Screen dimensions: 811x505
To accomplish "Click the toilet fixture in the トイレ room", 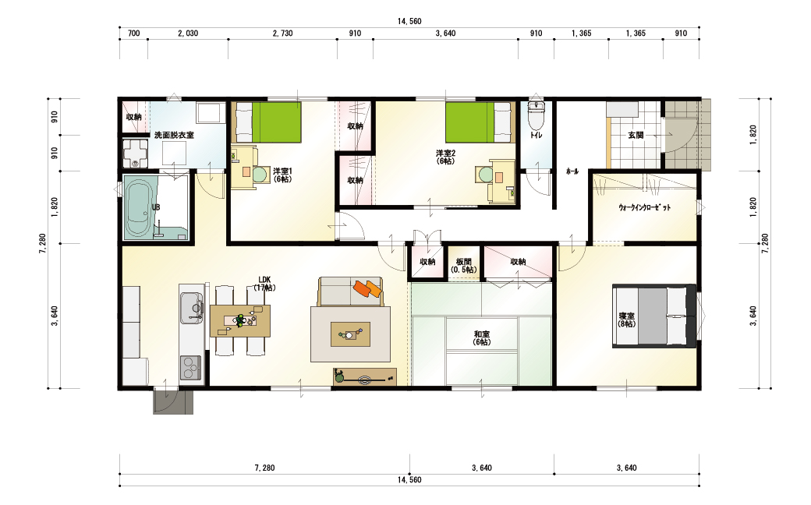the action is coord(537,116).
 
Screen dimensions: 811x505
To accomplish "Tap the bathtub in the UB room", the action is coord(138,207).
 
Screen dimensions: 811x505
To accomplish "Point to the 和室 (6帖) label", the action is coord(482,338).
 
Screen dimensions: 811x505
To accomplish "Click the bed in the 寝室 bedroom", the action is coord(653,316).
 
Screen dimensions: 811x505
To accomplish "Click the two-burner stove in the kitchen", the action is coord(191,368).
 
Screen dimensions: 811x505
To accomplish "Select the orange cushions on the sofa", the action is coord(368,288).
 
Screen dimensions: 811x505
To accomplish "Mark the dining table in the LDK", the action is coord(240,320).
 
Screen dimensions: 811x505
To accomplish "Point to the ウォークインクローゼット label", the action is coord(644,207).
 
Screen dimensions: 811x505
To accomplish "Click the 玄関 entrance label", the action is coord(636,135).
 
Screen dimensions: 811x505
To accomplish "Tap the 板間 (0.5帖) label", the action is coord(464,266).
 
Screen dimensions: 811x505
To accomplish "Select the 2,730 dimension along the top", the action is coord(282,33).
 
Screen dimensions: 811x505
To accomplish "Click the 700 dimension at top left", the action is coord(133,33).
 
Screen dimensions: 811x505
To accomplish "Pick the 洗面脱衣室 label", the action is coord(175,135).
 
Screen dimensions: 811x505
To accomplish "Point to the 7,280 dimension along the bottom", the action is coord(264,468).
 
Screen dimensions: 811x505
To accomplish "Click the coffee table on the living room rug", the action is coord(350,334).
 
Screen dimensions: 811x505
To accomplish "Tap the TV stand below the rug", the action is coord(365,377).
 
